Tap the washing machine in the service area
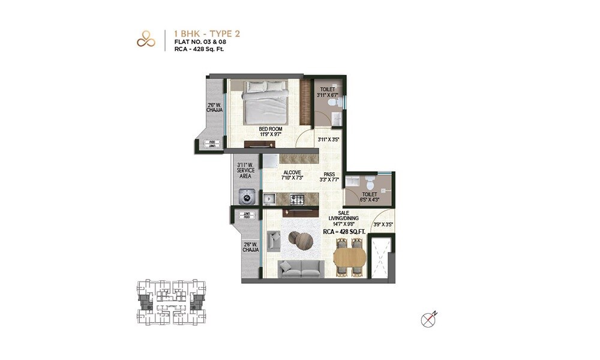click(246, 197)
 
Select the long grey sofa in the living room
click(300, 268)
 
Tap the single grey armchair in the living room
click(274, 241)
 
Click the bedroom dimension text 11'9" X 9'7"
click(271, 135)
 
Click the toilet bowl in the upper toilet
click(338, 103)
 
